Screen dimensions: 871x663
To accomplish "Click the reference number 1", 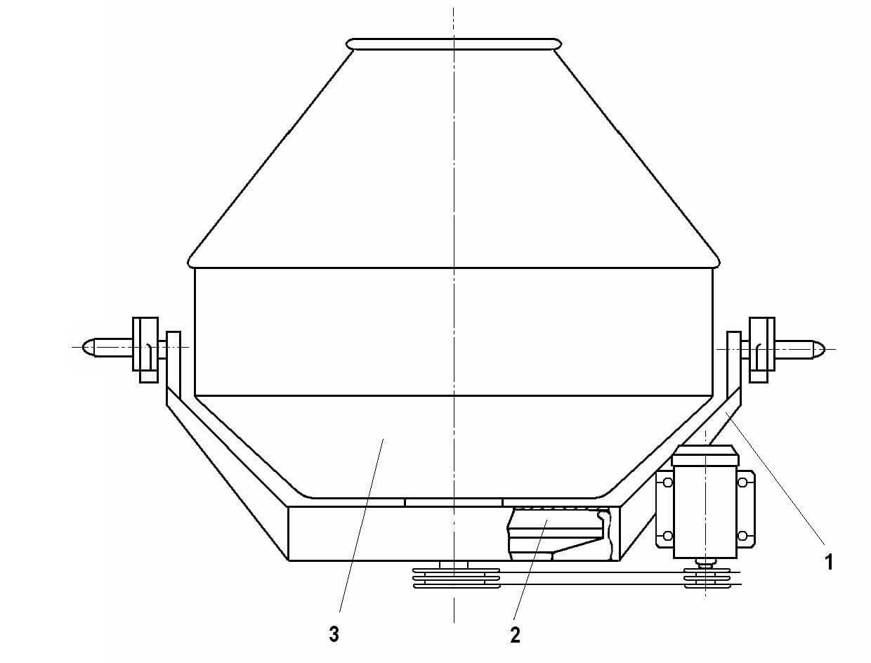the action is point(829,563).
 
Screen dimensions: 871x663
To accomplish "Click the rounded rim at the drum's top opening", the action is point(454,44).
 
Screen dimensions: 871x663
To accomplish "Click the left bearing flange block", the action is point(145,350).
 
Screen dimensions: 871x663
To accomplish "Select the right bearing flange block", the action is point(761,350).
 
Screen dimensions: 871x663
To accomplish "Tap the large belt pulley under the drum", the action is point(456,578).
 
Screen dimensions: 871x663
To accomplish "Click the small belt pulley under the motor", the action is point(707,578).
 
